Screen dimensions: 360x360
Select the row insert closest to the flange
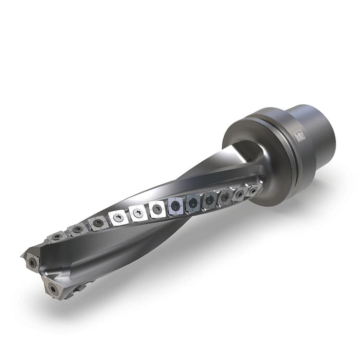(253, 191)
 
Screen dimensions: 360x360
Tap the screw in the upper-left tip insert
(32, 262)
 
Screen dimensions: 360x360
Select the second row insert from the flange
(239, 194)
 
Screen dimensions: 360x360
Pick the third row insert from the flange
(225, 197)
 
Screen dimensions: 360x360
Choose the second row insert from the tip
(77, 229)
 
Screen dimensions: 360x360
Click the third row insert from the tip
(98, 223)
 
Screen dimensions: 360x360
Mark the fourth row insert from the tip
(118, 217)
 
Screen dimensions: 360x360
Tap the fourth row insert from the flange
(209, 200)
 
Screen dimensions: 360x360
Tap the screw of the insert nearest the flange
(253, 191)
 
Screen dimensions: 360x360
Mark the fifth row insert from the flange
(193, 203)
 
